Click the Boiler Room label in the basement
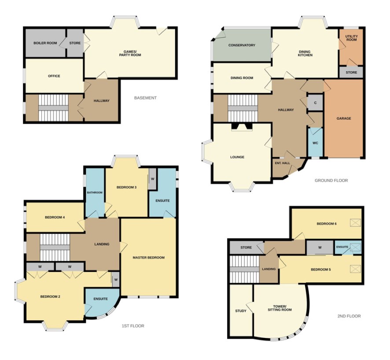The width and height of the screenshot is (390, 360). [45, 43]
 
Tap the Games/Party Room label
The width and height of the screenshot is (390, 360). [130, 53]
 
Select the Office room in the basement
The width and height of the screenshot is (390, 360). [54, 76]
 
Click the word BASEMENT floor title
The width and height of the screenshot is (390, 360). [146, 98]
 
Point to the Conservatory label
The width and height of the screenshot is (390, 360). [242, 45]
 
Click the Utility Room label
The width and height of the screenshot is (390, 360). [351, 38]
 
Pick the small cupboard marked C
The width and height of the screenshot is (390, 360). [315, 103]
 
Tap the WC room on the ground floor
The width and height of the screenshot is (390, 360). [315, 142]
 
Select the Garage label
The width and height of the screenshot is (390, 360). [344, 118]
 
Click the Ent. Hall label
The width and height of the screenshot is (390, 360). [283, 163]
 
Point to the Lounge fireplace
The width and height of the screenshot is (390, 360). [242, 127]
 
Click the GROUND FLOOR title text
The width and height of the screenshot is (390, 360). [331, 181]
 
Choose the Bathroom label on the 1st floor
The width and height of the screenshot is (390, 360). [95, 193]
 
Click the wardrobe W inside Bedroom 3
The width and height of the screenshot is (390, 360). [152, 179]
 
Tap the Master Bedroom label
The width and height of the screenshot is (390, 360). [148, 258]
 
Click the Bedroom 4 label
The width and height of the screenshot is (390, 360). [55, 217]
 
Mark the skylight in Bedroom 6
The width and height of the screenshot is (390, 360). [355, 223]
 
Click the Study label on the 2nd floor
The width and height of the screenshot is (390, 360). [241, 311]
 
